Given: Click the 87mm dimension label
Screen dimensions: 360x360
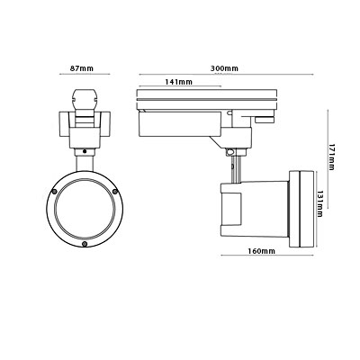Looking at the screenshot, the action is point(82,68).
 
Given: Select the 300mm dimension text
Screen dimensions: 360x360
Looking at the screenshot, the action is point(224,68).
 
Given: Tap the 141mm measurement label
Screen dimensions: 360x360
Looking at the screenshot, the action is point(178,82).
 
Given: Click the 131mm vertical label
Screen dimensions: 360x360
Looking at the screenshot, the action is point(319,204).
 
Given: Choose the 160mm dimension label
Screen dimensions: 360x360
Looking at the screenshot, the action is point(261,251).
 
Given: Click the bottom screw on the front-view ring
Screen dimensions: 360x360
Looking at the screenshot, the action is point(85,244).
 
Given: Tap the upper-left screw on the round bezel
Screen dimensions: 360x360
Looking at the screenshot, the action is point(54,192).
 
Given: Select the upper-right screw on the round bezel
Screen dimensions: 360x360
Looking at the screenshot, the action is point(115,192).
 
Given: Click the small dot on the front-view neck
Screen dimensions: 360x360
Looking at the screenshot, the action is point(85,151).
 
